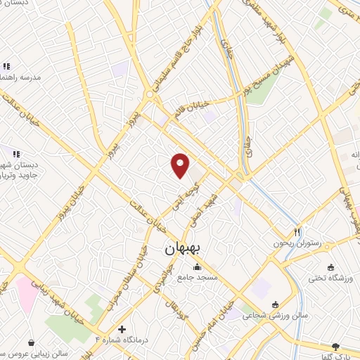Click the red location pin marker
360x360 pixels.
coord(181,165)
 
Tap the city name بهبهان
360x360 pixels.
coord(183,249)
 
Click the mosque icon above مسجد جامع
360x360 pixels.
coord(196,267)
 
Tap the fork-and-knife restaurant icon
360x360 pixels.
coord(297,231)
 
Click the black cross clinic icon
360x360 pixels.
coord(122,329)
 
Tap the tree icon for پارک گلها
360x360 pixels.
coord(335,346)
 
